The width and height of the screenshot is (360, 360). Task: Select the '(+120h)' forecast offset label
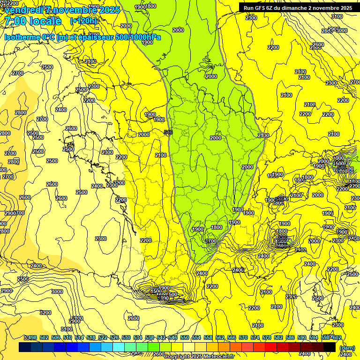(83, 21)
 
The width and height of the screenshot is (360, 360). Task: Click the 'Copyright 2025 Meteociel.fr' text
(199, 357)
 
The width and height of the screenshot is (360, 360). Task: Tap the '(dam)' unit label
(347, 348)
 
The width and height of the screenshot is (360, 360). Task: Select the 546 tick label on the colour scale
(173, 338)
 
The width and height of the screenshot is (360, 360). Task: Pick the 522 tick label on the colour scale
(103, 338)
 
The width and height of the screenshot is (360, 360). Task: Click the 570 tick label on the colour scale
(243, 338)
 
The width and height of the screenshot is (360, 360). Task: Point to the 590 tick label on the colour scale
(302, 338)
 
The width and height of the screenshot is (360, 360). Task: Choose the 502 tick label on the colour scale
(44, 338)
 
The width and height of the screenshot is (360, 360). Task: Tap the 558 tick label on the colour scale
(208, 338)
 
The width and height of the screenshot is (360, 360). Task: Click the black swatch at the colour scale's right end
(330, 347)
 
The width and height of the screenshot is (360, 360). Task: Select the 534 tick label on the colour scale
(138, 338)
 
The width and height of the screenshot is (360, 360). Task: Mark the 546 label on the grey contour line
(168, 133)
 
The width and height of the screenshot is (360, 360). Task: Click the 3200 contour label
(45, 312)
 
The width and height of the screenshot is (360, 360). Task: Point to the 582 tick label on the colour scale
(278, 338)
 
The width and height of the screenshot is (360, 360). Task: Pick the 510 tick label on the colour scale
(67, 338)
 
